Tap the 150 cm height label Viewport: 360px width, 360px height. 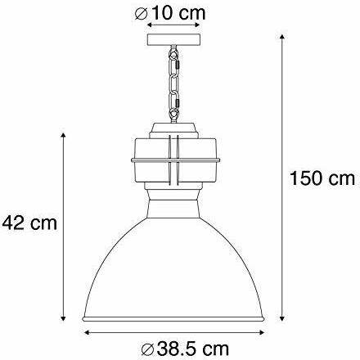(x=322, y=178)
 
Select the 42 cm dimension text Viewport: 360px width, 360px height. (x=29, y=223)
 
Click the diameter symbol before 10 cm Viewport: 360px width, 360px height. (x=142, y=14)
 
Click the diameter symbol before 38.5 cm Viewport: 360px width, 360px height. (x=148, y=349)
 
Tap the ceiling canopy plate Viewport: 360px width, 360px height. (x=173, y=39)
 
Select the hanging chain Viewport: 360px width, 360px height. (x=173, y=84)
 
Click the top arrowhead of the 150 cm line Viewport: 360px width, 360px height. (x=282, y=37)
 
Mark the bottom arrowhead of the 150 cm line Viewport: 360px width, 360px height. (x=282, y=318)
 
